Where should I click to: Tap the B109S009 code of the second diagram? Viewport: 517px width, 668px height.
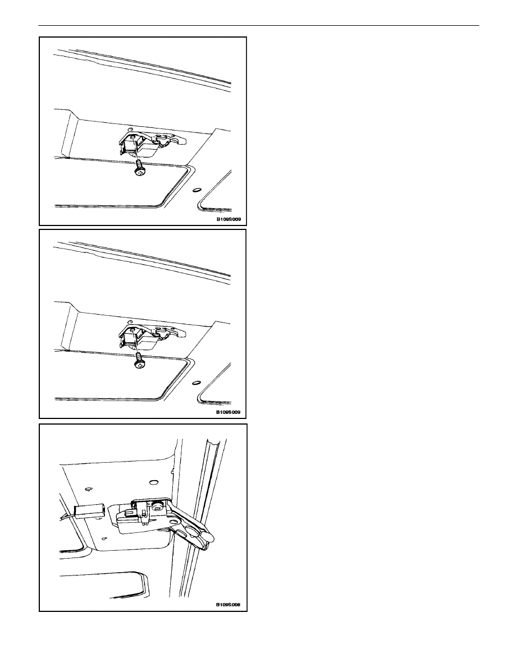[x=228, y=412]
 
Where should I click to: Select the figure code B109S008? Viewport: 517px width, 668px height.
[x=228, y=604]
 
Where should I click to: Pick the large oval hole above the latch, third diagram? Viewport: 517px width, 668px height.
[x=154, y=483]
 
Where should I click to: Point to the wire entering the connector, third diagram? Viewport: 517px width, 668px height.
[x=66, y=513]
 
